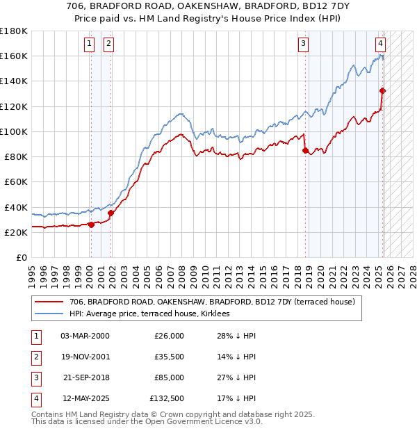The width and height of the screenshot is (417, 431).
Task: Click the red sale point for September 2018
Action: click(305, 149)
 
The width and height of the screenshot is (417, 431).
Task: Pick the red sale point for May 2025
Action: click(382, 90)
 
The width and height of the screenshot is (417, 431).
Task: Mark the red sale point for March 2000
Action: click(91, 224)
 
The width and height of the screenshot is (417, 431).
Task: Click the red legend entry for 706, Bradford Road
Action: click(212, 302)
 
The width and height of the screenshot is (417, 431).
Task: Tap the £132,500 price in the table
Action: click(167, 399)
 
